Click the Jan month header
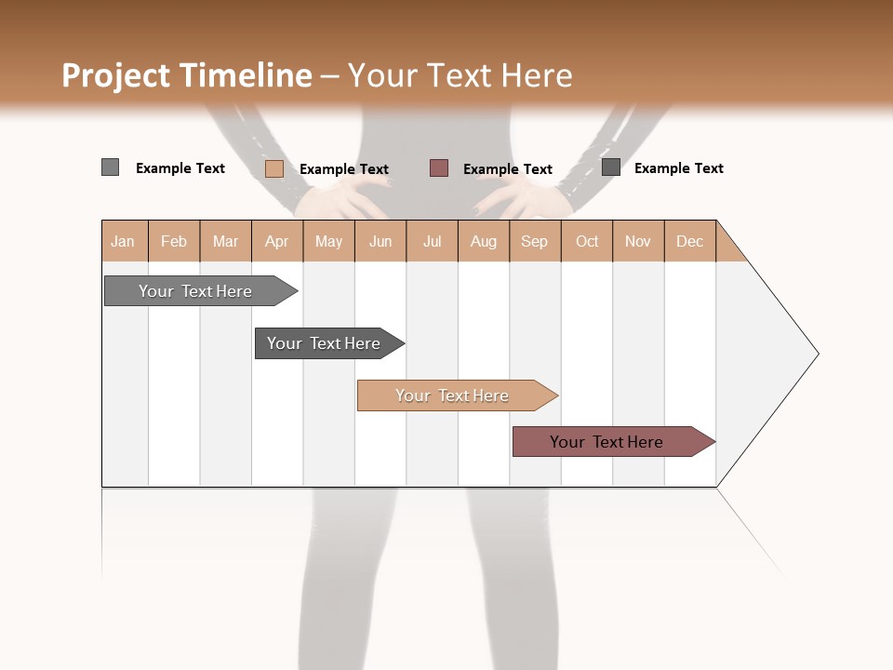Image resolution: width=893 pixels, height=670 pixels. click(x=123, y=242)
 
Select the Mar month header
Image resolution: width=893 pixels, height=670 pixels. click(x=225, y=242)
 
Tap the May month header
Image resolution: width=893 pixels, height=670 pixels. click(x=328, y=242)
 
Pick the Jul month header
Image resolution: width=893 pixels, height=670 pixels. click(x=432, y=242)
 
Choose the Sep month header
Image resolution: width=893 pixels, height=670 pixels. click(x=534, y=242)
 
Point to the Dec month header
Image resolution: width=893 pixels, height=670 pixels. click(x=689, y=242)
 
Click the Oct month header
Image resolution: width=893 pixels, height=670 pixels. click(x=587, y=242)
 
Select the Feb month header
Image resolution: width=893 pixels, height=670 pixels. click(x=174, y=242)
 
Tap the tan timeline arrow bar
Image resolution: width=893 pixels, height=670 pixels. click(x=454, y=395)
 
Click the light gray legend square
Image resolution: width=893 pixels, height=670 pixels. click(x=110, y=167)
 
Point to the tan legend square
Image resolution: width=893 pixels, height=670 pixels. click(x=273, y=168)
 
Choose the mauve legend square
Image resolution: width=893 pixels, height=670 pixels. click(x=439, y=168)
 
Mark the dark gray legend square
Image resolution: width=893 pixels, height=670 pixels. click(x=610, y=167)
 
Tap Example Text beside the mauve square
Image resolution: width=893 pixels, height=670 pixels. click(x=507, y=169)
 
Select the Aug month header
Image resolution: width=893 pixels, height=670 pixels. click(x=483, y=242)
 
